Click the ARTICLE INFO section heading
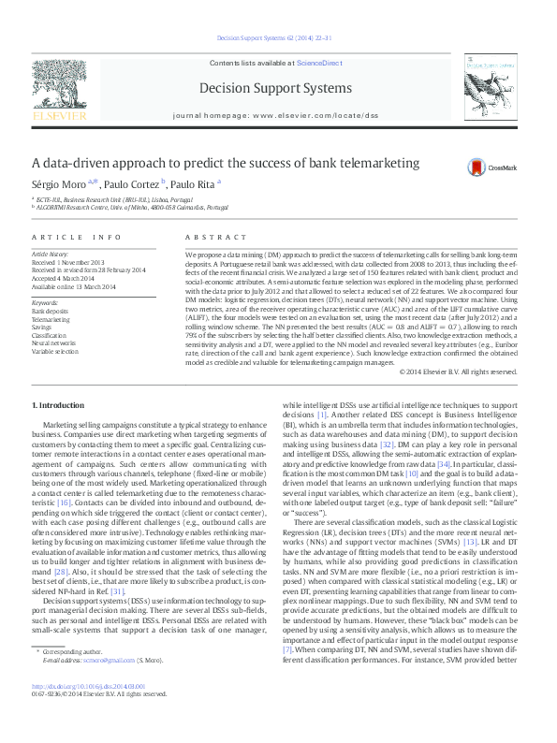[x=77, y=238]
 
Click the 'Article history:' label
[x=51, y=254]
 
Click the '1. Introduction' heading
[x=58, y=404]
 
